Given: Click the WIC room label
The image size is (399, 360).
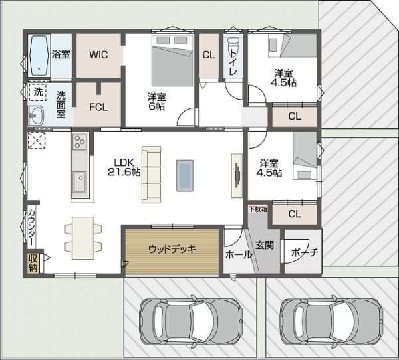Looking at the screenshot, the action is click(98, 55).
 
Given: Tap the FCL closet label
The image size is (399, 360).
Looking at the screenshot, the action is click(98, 107).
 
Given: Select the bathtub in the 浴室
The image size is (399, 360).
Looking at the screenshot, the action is click(39, 56).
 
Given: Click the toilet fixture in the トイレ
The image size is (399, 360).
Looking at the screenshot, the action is click(233, 45).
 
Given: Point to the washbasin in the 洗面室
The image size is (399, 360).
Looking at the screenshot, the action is click(36, 116).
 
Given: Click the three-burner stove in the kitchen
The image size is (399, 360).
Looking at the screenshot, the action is click(80, 141).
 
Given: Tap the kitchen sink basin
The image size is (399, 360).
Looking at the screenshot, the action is click(80, 182).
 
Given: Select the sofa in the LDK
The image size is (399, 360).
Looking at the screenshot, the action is click(152, 175).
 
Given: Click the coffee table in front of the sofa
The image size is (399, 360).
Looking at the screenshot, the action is click(185, 175).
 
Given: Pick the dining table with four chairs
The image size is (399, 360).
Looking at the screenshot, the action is click(83, 238).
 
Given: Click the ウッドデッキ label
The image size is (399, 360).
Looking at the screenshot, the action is click(172, 249).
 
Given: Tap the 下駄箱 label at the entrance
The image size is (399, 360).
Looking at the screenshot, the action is click(258, 209).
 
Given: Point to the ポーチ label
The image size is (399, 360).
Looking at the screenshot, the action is click(305, 252).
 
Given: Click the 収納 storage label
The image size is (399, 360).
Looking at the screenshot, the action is click(33, 263).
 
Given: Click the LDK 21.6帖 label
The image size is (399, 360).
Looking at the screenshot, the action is click(124, 167).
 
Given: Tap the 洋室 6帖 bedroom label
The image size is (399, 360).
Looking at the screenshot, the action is click(156, 102).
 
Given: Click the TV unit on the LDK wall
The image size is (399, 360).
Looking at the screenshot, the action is click(237, 175).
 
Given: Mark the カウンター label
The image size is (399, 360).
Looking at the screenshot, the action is click(31, 227).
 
